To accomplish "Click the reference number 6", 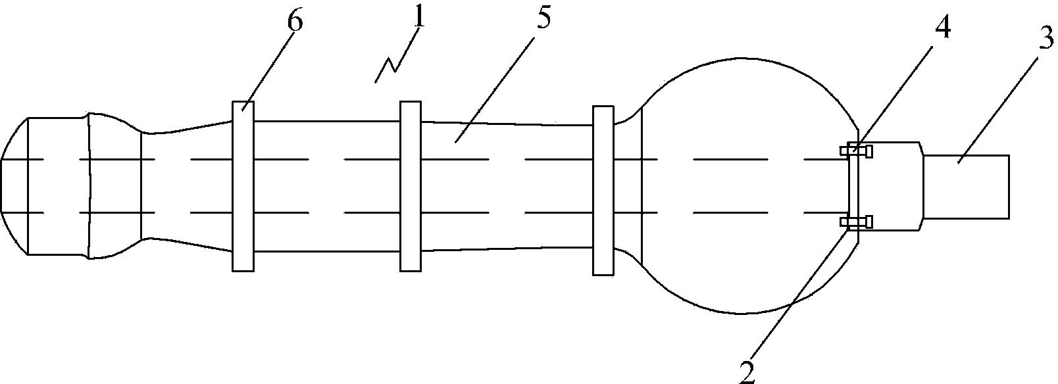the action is (295, 21).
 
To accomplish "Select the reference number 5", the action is (543, 19).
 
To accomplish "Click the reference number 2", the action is (746, 370).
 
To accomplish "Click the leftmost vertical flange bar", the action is (243, 186).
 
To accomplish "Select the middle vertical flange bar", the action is (411, 186).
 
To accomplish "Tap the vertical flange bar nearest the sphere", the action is (603, 190).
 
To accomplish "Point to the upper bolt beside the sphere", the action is (857, 151).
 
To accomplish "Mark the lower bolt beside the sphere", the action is (857, 223).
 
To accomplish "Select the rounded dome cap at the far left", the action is (14, 186).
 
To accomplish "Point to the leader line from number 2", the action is (796, 296).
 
